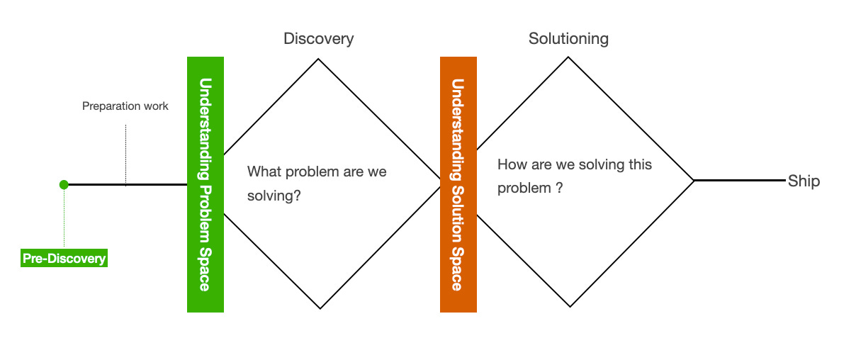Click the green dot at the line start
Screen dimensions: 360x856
pyautogui.click(x=64, y=185)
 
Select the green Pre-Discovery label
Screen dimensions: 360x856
pyautogui.click(x=64, y=259)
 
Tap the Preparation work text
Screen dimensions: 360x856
pyautogui.click(x=125, y=106)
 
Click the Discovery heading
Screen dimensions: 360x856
pyautogui.click(x=318, y=38)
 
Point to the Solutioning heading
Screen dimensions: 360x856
pyautogui.click(x=568, y=38)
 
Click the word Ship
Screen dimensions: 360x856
pyautogui.click(x=804, y=181)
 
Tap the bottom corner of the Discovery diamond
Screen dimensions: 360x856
pyautogui.click(x=320, y=308)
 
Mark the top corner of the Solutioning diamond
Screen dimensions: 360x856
pyautogui.click(x=568, y=57)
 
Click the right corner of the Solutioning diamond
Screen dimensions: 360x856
pyautogui.click(x=693, y=181)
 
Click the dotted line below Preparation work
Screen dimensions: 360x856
pyautogui.click(x=125, y=152)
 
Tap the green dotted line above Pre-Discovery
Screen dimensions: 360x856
pyautogui.click(x=64, y=220)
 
